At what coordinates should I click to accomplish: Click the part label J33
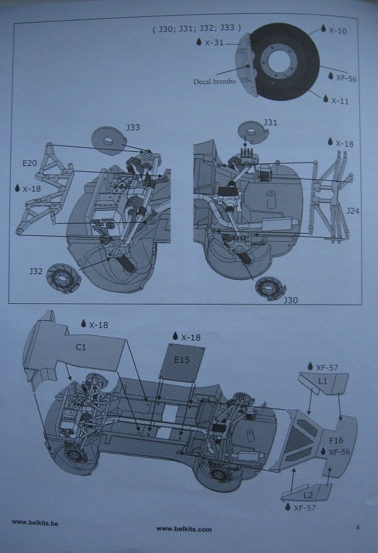[132, 127]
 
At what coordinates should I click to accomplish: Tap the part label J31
[270, 121]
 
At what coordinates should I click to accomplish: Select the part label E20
[30, 163]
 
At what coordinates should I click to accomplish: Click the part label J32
[36, 272]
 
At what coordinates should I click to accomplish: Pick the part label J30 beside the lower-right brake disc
[291, 300]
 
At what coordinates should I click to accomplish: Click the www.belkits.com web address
[183, 529]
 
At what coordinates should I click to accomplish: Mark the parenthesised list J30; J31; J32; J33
[197, 28]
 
